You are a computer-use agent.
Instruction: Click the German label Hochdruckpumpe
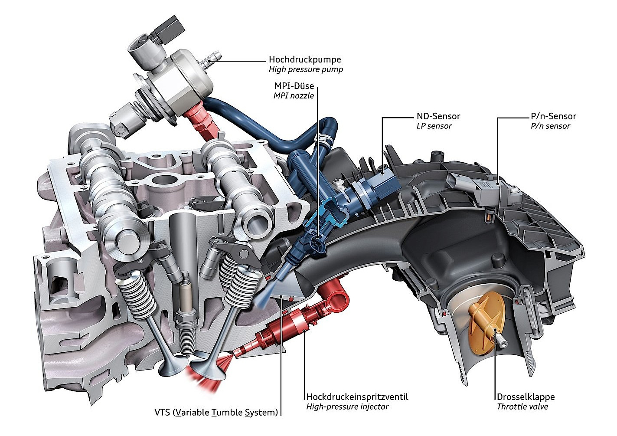point(305,59)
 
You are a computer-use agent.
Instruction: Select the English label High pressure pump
point(306,69)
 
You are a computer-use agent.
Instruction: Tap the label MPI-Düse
point(294,86)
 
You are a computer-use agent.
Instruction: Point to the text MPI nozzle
point(294,96)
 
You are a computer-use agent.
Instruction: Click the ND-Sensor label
point(438,116)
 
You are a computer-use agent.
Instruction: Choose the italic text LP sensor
point(434,126)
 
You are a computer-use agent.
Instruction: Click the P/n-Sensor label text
point(553,116)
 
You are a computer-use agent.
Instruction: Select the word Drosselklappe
point(526,397)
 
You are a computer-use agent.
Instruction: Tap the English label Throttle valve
point(522,407)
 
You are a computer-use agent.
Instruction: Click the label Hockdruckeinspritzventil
point(357,397)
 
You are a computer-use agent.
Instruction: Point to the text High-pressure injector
point(347,407)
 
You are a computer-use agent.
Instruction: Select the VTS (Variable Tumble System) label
point(216,413)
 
